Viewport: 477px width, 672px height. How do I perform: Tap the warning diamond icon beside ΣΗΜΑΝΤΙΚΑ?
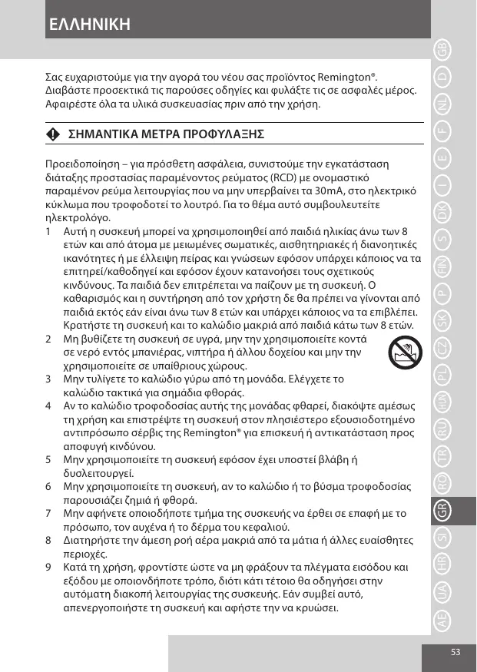click(x=52, y=134)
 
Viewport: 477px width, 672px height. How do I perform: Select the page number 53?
click(x=455, y=652)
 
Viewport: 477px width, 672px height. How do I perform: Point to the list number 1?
click(x=49, y=231)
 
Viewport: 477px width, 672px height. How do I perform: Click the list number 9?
click(x=49, y=568)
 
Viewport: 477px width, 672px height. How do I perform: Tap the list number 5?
click(x=49, y=459)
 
